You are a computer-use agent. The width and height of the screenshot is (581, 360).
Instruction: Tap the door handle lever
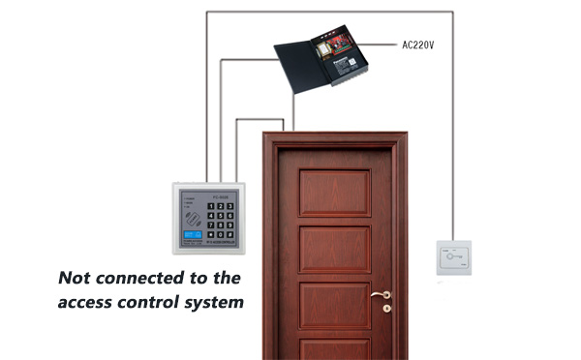tap(379, 294)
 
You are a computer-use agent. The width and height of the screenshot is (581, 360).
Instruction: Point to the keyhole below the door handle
tap(385, 310)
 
